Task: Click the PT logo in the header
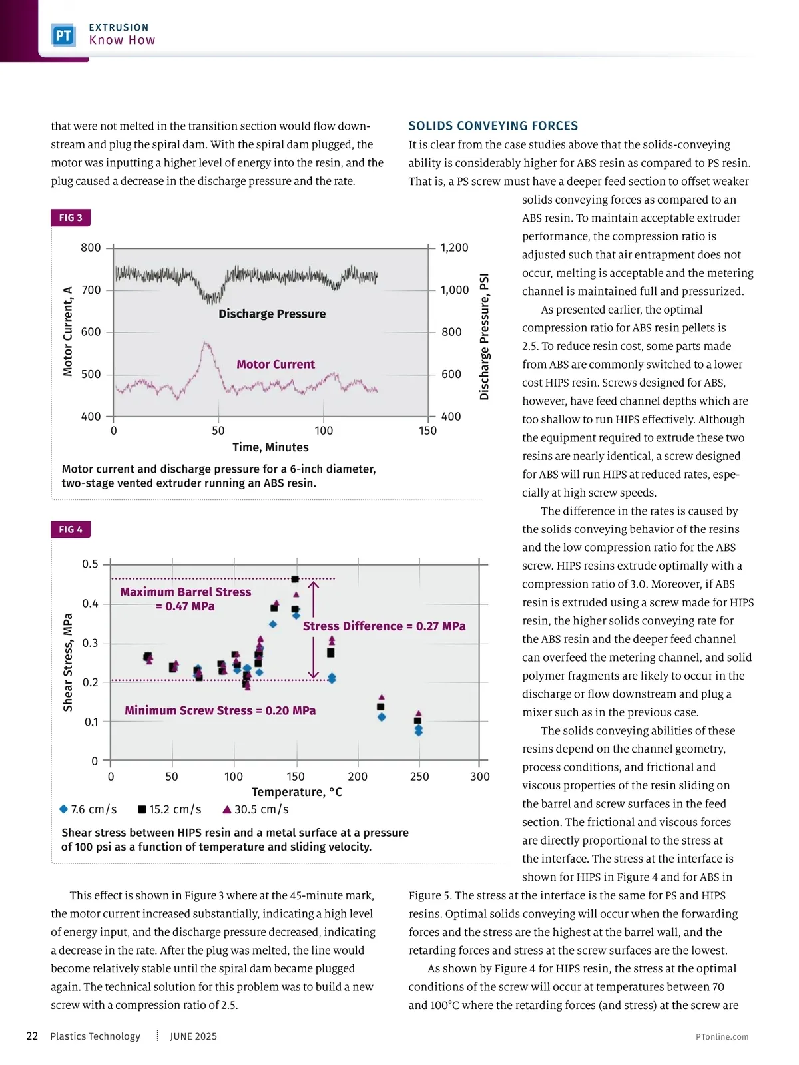coord(63,35)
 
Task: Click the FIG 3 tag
coord(71,218)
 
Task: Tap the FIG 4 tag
coord(71,530)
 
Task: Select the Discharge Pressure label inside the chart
coord(272,314)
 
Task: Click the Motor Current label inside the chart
coord(276,365)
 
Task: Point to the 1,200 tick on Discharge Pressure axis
coord(454,248)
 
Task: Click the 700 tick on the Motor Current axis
coord(91,290)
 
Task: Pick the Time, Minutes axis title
coord(270,447)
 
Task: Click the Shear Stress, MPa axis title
coord(68,662)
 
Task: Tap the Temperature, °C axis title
coord(297,792)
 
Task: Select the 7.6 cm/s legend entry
coord(88,809)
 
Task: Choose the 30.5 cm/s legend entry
coord(256,809)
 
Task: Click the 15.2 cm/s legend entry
coord(169,809)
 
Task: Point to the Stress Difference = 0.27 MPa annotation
coord(384,626)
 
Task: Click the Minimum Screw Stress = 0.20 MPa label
coord(220,710)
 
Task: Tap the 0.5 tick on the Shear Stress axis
coord(90,564)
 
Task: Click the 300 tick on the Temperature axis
coord(479,777)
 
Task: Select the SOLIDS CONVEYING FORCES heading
coord(493,126)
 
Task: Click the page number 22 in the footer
coord(32,1036)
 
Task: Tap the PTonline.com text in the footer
coord(722,1037)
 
